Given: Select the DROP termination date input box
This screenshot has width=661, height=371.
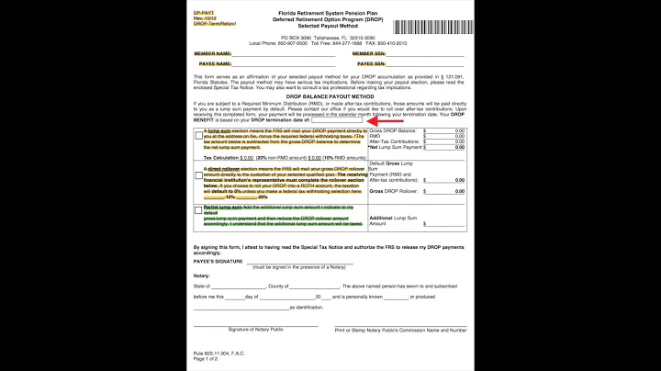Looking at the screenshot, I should [x=337, y=119].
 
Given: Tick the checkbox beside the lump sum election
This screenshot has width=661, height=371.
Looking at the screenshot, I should [x=199, y=136].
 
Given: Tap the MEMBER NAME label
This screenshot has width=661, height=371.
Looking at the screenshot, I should [x=212, y=54].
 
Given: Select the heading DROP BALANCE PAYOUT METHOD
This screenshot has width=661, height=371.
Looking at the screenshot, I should [x=330, y=96].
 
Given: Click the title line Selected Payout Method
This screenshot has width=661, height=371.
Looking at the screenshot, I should [x=330, y=28].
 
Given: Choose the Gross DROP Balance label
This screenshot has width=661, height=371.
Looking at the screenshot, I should [x=391, y=131].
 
